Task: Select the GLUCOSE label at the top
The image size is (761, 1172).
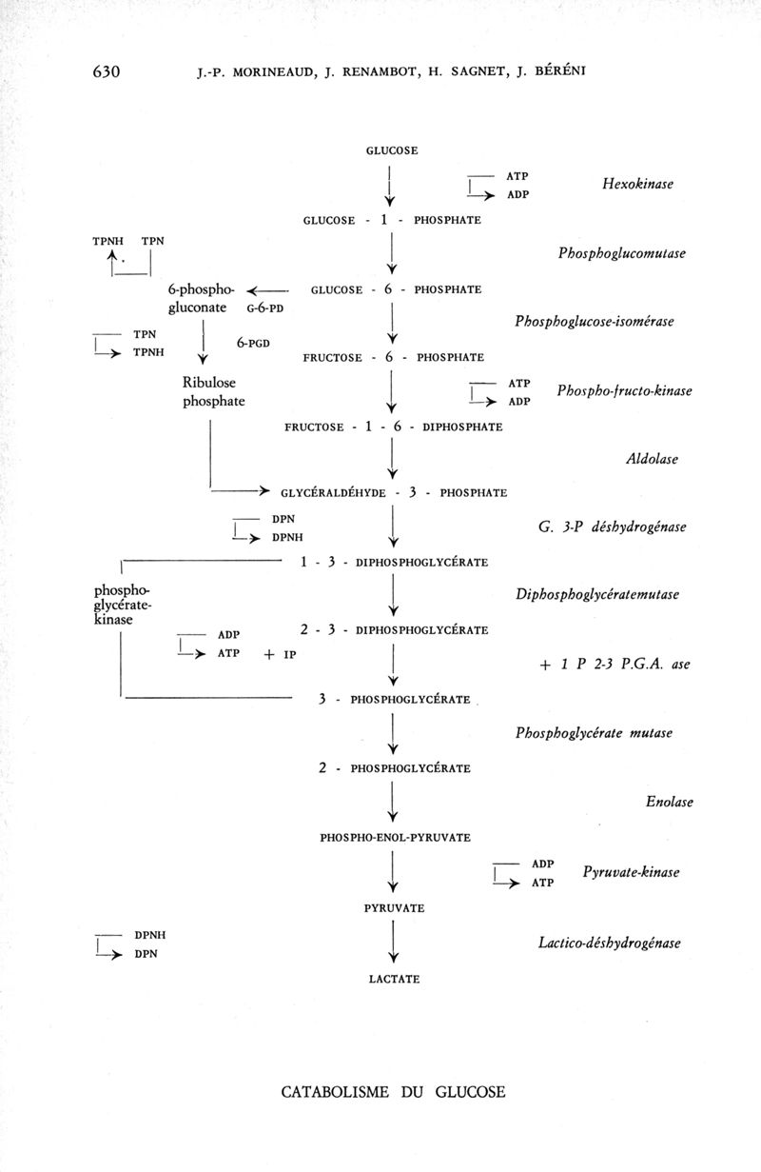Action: (x=392, y=150)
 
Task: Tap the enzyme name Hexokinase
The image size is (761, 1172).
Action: (x=637, y=184)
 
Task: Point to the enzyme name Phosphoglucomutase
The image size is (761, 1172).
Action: (x=622, y=253)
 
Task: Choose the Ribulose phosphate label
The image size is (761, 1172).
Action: (x=213, y=391)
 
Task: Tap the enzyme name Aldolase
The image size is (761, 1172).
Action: (x=652, y=459)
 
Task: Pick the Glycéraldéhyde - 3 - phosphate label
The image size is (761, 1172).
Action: (x=394, y=493)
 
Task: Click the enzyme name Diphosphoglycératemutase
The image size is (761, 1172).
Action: (x=597, y=594)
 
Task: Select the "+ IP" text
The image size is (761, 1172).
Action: (x=282, y=654)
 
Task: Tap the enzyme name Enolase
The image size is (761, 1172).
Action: (x=670, y=802)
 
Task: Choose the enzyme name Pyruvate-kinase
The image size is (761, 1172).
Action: (x=630, y=872)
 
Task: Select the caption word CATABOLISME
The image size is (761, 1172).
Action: (x=336, y=1092)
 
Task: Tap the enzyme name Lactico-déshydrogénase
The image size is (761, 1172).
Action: (x=609, y=943)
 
